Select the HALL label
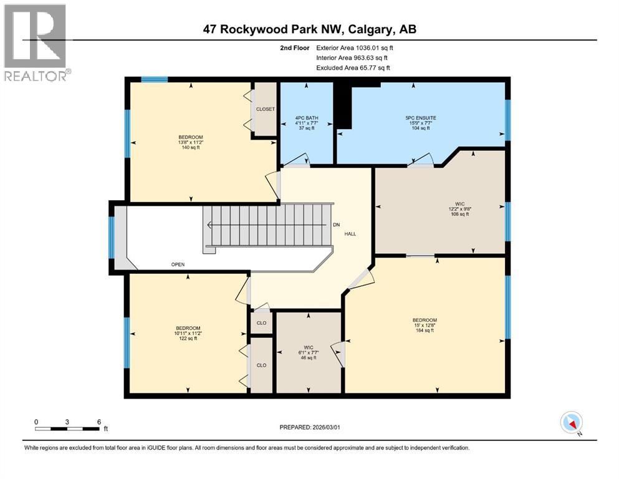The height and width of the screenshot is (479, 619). pos(350,234)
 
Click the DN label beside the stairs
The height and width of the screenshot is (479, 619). pos(336,225)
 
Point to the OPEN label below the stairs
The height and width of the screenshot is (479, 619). pos(178,264)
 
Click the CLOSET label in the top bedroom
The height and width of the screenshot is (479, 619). pos(265,109)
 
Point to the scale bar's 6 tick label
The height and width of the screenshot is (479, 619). pos(98,421)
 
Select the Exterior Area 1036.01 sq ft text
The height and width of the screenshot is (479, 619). pos(355,47)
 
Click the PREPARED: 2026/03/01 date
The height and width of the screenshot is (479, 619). pos(310,427)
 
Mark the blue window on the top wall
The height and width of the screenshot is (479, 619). pos(154,79)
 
